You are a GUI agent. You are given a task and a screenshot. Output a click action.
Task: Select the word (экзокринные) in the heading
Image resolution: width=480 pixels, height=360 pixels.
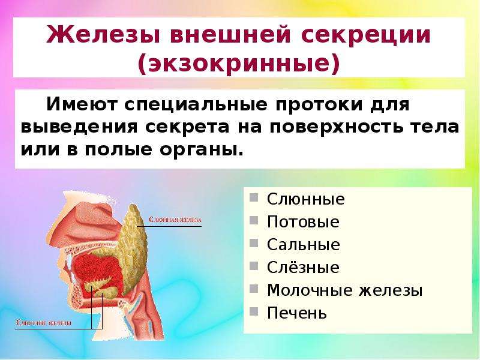tap(239, 64)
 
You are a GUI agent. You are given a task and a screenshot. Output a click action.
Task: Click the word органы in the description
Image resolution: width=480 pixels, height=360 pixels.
tap(201, 150)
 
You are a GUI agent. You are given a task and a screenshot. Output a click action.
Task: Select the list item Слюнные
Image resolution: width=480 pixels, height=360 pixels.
tap(306, 199)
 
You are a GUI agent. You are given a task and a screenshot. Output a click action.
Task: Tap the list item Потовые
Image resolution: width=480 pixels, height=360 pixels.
tap(303, 221)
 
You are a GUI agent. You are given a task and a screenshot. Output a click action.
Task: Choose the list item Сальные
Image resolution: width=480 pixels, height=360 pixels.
tap(304, 245)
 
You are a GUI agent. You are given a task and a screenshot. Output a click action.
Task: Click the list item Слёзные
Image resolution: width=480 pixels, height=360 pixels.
tap(303, 267)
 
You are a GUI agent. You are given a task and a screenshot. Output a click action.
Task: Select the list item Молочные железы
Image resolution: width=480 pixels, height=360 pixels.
tap(344, 290)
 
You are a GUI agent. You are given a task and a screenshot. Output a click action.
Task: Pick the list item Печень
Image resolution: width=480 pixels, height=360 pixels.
tap(296, 313)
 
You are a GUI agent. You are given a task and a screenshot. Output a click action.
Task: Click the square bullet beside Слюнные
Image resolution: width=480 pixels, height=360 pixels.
tap(254, 197)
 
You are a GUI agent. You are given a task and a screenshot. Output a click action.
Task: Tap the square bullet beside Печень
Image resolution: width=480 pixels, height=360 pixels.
tap(254, 311)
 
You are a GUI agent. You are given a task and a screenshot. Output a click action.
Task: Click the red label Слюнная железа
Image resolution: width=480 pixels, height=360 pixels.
tap(175, 220)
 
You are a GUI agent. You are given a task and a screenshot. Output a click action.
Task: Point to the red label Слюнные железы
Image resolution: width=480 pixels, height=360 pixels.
tap(43, 323)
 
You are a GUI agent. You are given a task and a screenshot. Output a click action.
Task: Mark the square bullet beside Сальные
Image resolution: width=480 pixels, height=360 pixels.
tap(254, 243)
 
